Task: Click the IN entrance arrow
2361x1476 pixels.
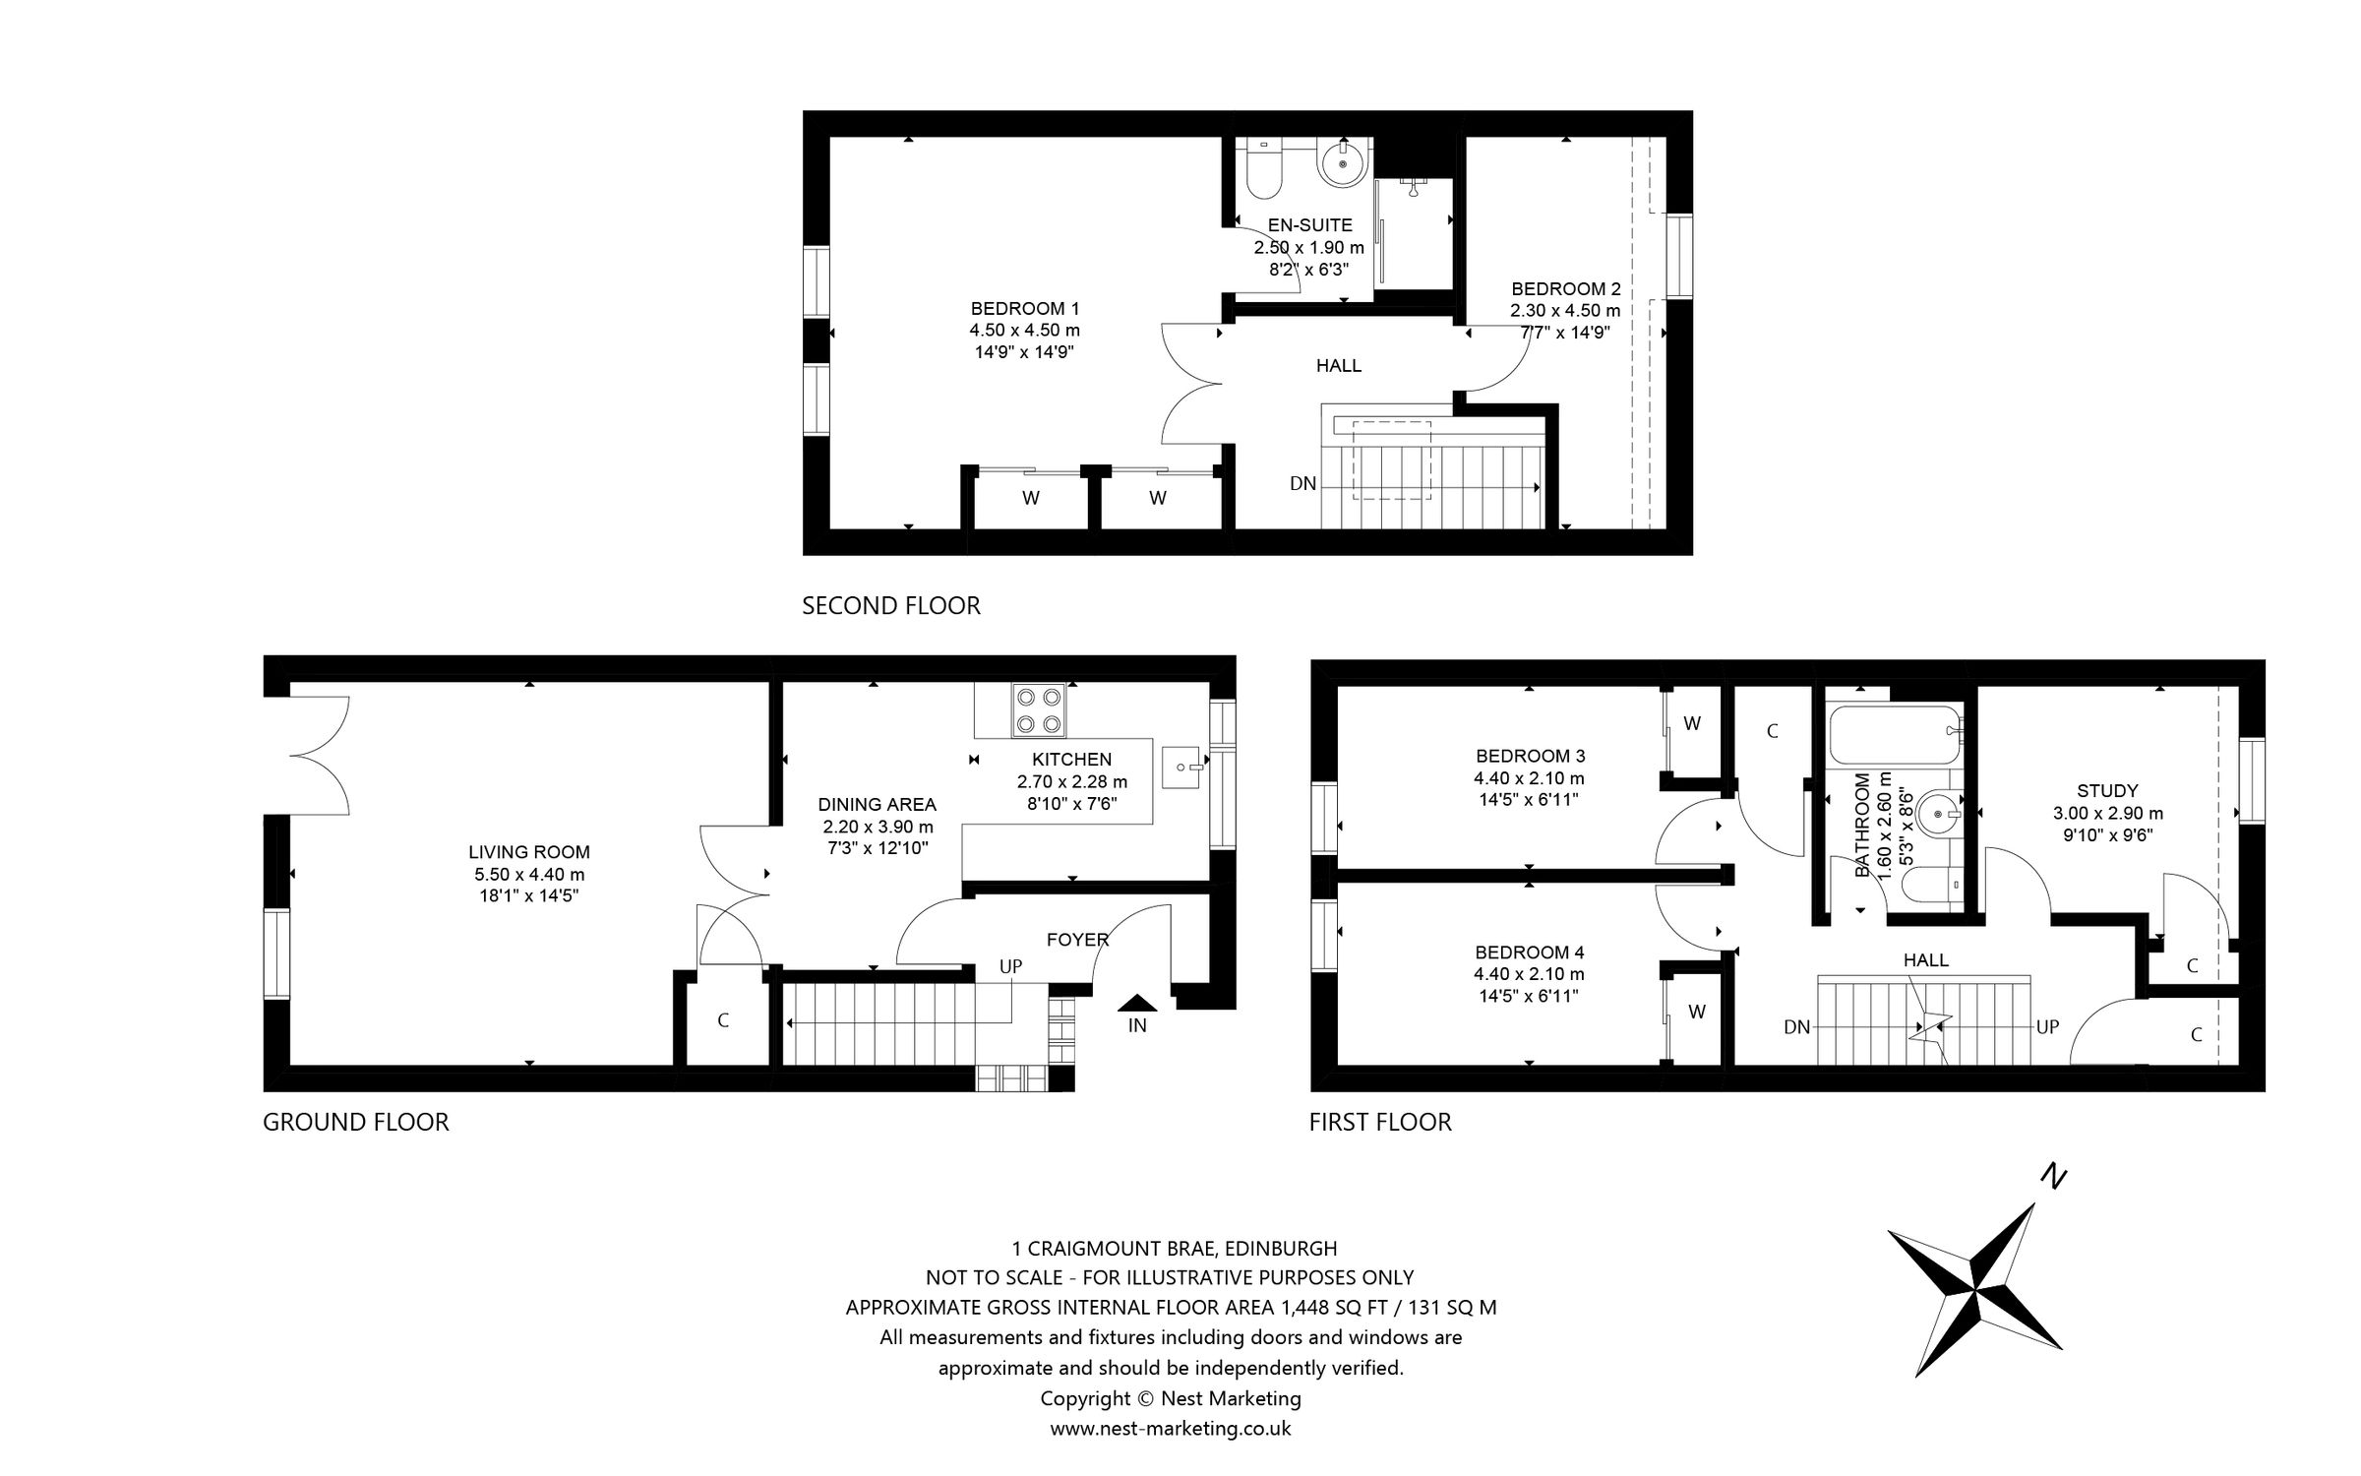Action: pos(1138,1004)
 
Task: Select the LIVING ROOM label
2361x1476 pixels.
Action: pos(529,852)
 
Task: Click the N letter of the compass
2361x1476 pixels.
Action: pos(2053,1176)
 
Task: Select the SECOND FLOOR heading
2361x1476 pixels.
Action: pos(891,606)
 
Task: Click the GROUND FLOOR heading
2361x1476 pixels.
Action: pos(355,1122)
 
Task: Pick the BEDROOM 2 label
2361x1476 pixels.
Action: pos(1565,289)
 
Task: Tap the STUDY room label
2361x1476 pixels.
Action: pos(2107,790)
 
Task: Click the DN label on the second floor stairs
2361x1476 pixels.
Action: pos(1302,484)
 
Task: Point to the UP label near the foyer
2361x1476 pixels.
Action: pos(1010,966)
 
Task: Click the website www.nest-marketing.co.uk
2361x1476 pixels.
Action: pos(1170,1428)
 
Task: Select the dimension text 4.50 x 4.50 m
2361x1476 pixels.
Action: pos(1024,331)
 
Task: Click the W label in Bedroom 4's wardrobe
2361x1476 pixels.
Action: pos(1697,1012)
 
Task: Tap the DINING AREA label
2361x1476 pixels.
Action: pos(877,805)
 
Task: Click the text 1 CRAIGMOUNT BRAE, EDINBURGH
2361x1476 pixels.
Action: pos(1175,1249)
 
